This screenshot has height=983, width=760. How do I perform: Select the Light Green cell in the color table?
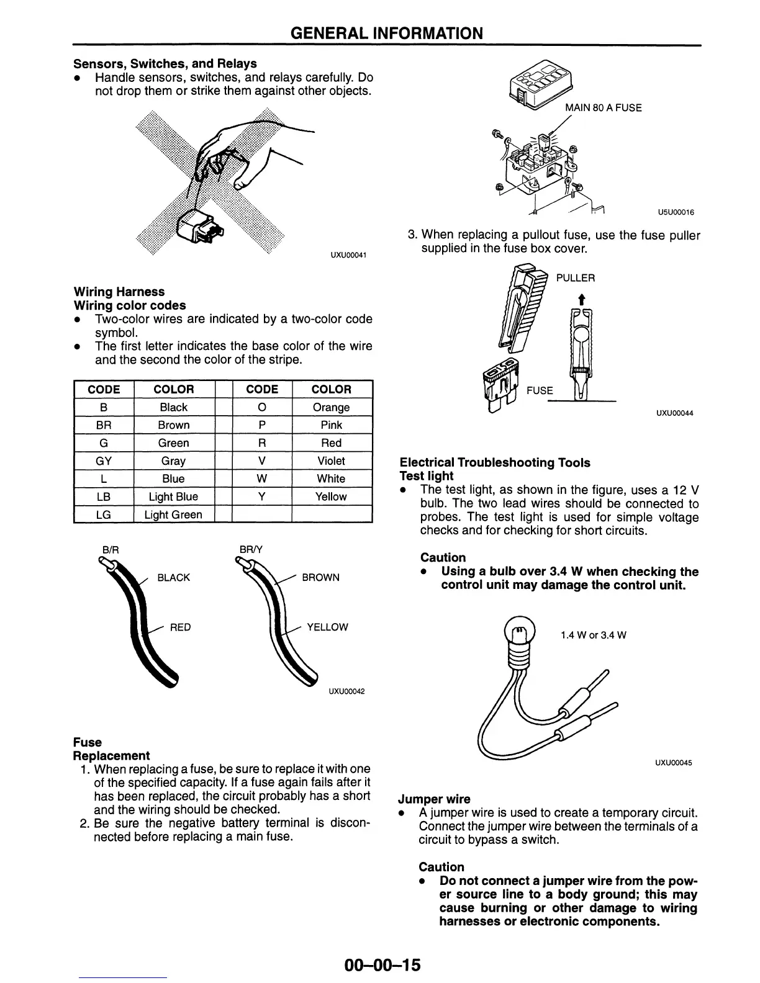(173, 514)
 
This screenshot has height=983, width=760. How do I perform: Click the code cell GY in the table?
(104, 461)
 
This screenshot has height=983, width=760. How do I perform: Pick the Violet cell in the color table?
(331, 461)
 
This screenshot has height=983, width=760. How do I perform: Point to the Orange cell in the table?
(331, 408)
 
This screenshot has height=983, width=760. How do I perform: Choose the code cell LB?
(104, 496)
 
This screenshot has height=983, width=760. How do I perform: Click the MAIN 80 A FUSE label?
(603, 108)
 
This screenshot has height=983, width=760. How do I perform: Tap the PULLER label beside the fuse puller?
(575, 278)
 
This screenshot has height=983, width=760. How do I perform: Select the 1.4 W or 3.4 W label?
(593, 635)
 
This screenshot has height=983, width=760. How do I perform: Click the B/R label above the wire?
(110, 549)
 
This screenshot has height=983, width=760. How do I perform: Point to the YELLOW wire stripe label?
(327, 627)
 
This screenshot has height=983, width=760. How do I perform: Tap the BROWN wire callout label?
(320, 578)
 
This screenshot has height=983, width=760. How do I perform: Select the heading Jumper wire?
(435, 799)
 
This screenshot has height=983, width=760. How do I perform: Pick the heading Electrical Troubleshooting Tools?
(495, 462)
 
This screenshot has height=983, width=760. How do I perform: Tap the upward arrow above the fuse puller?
(581, 300)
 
